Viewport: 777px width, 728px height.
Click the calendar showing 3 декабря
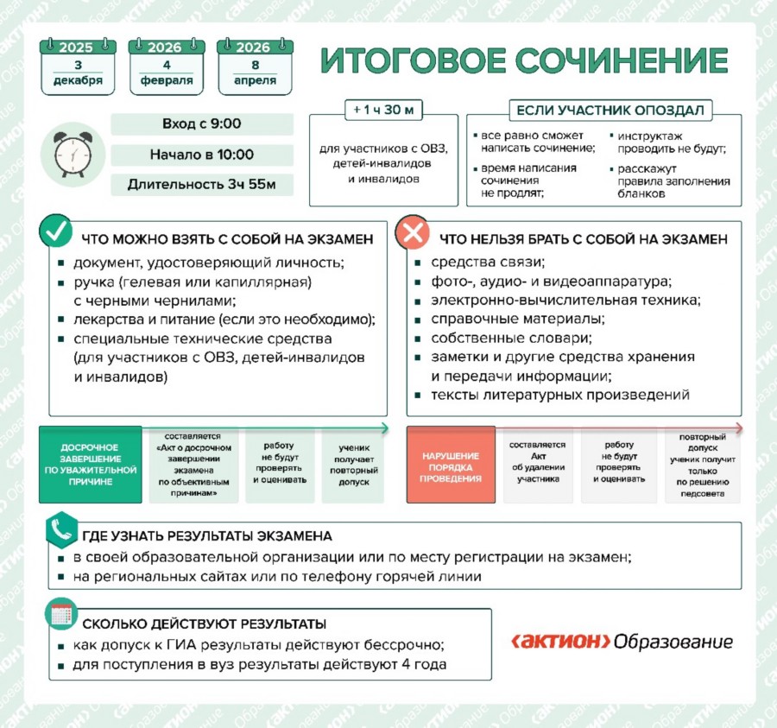(77, 66)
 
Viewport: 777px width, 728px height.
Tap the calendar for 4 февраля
(166, 66)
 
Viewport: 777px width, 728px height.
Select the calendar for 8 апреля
(255, 66)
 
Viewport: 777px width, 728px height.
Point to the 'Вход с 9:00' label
(201, 124)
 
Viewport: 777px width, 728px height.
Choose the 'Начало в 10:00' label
(201, 155)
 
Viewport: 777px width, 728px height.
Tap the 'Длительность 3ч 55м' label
(201, 185)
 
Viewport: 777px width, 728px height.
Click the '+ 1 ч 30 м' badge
(383, 111)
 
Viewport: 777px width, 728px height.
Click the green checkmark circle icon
(58, 232)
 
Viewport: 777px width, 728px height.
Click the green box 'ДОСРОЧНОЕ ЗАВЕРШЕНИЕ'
(90, 465)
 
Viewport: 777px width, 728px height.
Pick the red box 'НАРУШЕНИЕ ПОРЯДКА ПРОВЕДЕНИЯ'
(451, 465)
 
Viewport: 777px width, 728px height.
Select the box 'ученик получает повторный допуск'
(355, 465)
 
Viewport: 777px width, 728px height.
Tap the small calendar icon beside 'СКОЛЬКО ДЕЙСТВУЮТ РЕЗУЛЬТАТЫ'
(61, 614)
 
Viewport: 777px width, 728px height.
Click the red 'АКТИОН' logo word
(561, 642)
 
